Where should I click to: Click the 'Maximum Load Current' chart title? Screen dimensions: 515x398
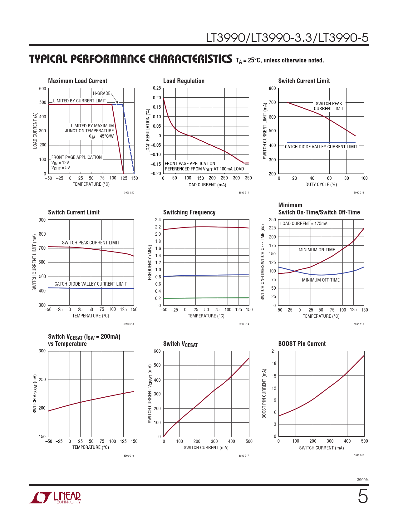coord(77,81)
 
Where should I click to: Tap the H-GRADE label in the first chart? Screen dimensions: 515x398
coord(101,93)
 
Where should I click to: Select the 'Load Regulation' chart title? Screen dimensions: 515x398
coord(184,81)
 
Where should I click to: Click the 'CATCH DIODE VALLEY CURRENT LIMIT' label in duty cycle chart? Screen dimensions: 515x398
coord(321,147)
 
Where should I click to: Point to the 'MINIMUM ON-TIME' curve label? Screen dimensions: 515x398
coord(317,250)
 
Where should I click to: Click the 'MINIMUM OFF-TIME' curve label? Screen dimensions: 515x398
coord(321,280)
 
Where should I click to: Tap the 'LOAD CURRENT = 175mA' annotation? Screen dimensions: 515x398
coord(304,223)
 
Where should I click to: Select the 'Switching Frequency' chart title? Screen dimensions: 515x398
coord(189,212)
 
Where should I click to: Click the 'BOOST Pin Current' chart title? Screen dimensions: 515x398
coord(302,344)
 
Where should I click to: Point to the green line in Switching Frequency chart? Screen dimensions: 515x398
coord(206,298)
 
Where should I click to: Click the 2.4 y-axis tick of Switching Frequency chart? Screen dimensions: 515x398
coord(158,220)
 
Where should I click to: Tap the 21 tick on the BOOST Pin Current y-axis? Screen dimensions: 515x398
coord(274,351)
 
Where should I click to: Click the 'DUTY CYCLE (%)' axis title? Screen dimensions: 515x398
coord(321,184)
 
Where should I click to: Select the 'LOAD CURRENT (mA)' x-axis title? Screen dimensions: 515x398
coord(206,185)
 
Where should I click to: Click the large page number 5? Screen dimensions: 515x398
coord(362,496)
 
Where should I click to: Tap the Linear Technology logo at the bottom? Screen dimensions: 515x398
coord(55,498)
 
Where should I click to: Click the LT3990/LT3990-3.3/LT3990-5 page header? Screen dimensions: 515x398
coord(287,38)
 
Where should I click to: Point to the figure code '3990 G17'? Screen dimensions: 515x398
coord(243,456)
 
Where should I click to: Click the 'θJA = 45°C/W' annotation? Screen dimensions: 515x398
coord(101,136)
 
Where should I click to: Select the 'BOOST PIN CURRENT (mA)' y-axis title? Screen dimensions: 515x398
coord(264,394)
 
